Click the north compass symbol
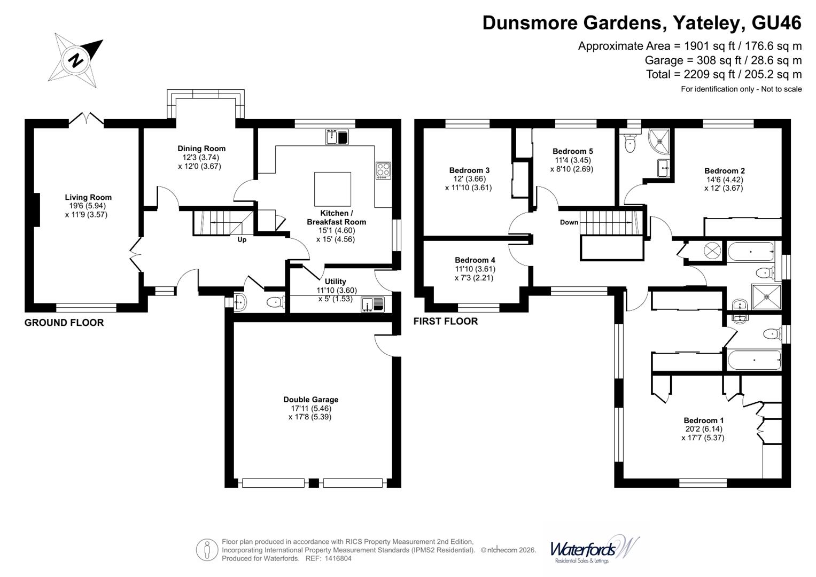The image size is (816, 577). (76, 58)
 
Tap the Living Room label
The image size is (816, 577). (88, 197)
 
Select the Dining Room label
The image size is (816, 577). (201, 149)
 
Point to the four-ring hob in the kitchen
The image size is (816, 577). (383, 170)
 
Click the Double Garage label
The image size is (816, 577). (310, 400)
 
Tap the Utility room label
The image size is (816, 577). (336, 282)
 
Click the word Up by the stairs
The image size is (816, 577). (242, 240)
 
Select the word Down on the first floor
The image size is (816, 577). (569, 222)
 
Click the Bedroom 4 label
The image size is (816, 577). (475, 260)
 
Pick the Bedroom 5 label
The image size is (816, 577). (572, 151)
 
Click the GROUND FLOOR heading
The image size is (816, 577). (64, 323)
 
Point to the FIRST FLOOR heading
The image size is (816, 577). (446, 321)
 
